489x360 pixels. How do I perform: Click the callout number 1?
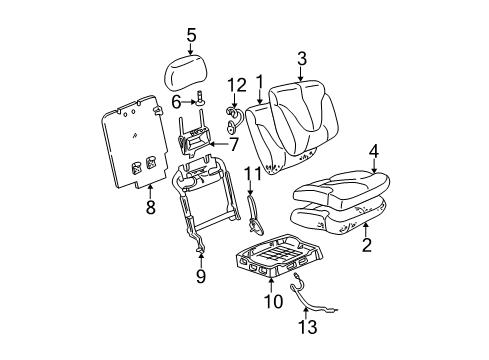259,82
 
